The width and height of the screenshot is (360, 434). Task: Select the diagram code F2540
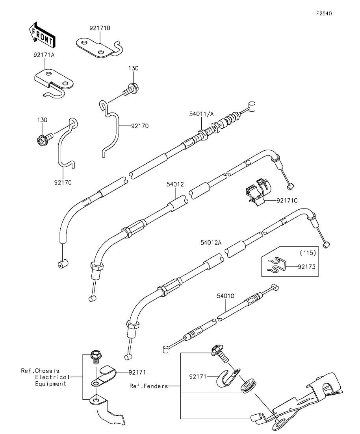(324, 13)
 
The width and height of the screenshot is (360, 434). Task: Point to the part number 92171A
(44, 55)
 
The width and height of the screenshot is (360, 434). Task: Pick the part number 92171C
(287, 201)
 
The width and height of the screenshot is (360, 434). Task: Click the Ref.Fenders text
(148, 386)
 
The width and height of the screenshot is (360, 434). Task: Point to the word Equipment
(51, 384)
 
